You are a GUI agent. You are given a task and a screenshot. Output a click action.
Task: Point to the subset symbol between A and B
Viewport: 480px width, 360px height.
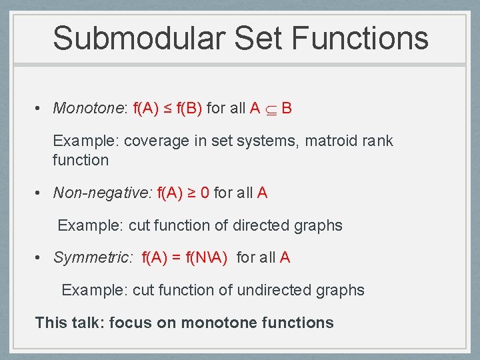(270, 109)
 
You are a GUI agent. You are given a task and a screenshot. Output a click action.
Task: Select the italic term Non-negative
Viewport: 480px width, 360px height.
(103, 193)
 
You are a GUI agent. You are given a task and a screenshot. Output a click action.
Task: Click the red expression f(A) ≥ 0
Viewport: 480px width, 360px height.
(183, 193)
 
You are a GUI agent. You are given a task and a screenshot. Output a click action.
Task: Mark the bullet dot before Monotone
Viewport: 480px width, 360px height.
(40, 109)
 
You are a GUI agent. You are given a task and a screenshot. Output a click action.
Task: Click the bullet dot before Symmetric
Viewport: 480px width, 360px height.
(40, 258)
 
